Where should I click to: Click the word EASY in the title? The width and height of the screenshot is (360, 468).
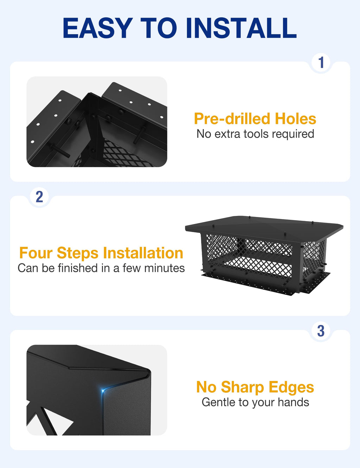pyautogui.click(x=98, y=28)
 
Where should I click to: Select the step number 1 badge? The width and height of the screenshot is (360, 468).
pyautogui.click(x=321, y=63)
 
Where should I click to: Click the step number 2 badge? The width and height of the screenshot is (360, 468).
pyautogui.click(x=39, y=197)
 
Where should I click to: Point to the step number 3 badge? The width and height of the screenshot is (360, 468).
pyautogui.click(x=321, y=331)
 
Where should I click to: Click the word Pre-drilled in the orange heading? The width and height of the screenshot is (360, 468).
pyautogui.click(x=232, y=118)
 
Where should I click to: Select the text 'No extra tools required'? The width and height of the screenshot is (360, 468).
pyautogui.click(x=255, y=134)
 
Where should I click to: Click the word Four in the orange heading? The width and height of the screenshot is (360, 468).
pyautogui.click(x=36, y=253)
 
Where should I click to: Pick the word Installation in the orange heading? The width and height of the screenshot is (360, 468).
pyautogui.click(x=143, y=253)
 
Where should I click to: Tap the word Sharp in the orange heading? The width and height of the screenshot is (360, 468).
pyautogui.click(x=243, y=387)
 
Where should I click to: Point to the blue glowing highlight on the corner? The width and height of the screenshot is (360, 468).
pyautogui.click(x=103, y=391)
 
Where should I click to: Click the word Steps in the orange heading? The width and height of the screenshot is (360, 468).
pyautogui.click(x=77, y=253)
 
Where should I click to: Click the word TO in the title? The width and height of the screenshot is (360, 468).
pyautogui.click(x=159, y=28)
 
